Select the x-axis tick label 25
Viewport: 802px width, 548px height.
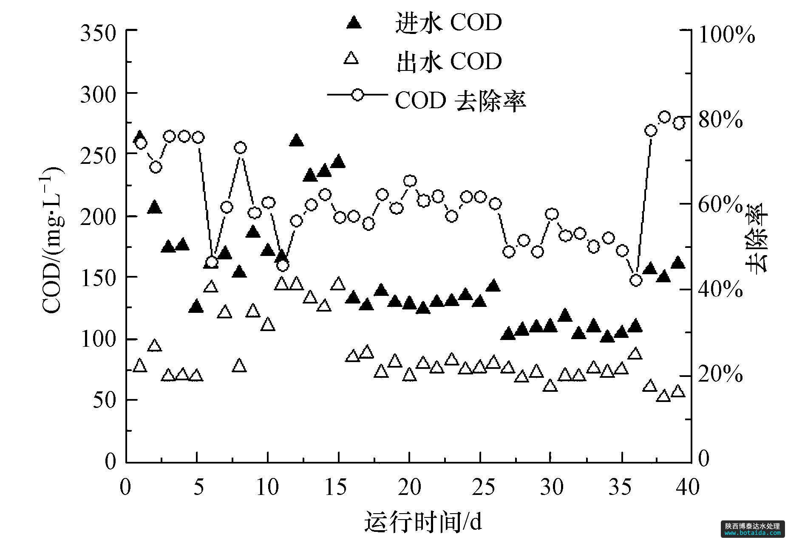pyautogui.click(x=480, y=487)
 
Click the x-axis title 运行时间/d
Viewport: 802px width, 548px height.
pyautogui.click(x=423, y=522)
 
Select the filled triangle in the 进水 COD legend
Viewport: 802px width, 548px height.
pyautogui.click(x=354, y=22)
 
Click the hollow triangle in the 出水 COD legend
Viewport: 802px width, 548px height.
pyautogui.click(x=351, y=57)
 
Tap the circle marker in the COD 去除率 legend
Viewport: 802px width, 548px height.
pyautogui.click(x=358, y=94)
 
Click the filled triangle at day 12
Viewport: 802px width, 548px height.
pyautogui.click(x=296, y=141)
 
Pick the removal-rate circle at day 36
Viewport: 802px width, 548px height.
pyautogui.click(x=636, y=280)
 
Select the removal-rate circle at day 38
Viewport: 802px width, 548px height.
pyautogui.click(x=665, y=117)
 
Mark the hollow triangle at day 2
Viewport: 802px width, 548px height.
pyautogui.click(x=155, y=346)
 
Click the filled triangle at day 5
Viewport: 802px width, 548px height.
pyautogui.click(x=196, y=306)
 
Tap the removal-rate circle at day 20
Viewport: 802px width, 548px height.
pyautogui.click(x=410, y=181)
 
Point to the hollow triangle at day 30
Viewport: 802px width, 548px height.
pyautogui.click(x=550, y=385)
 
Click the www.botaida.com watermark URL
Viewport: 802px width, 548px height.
pyautogui.click(x=753, y=533)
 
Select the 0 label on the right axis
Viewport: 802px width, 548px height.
pyautogui.click(x=704, y=459)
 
